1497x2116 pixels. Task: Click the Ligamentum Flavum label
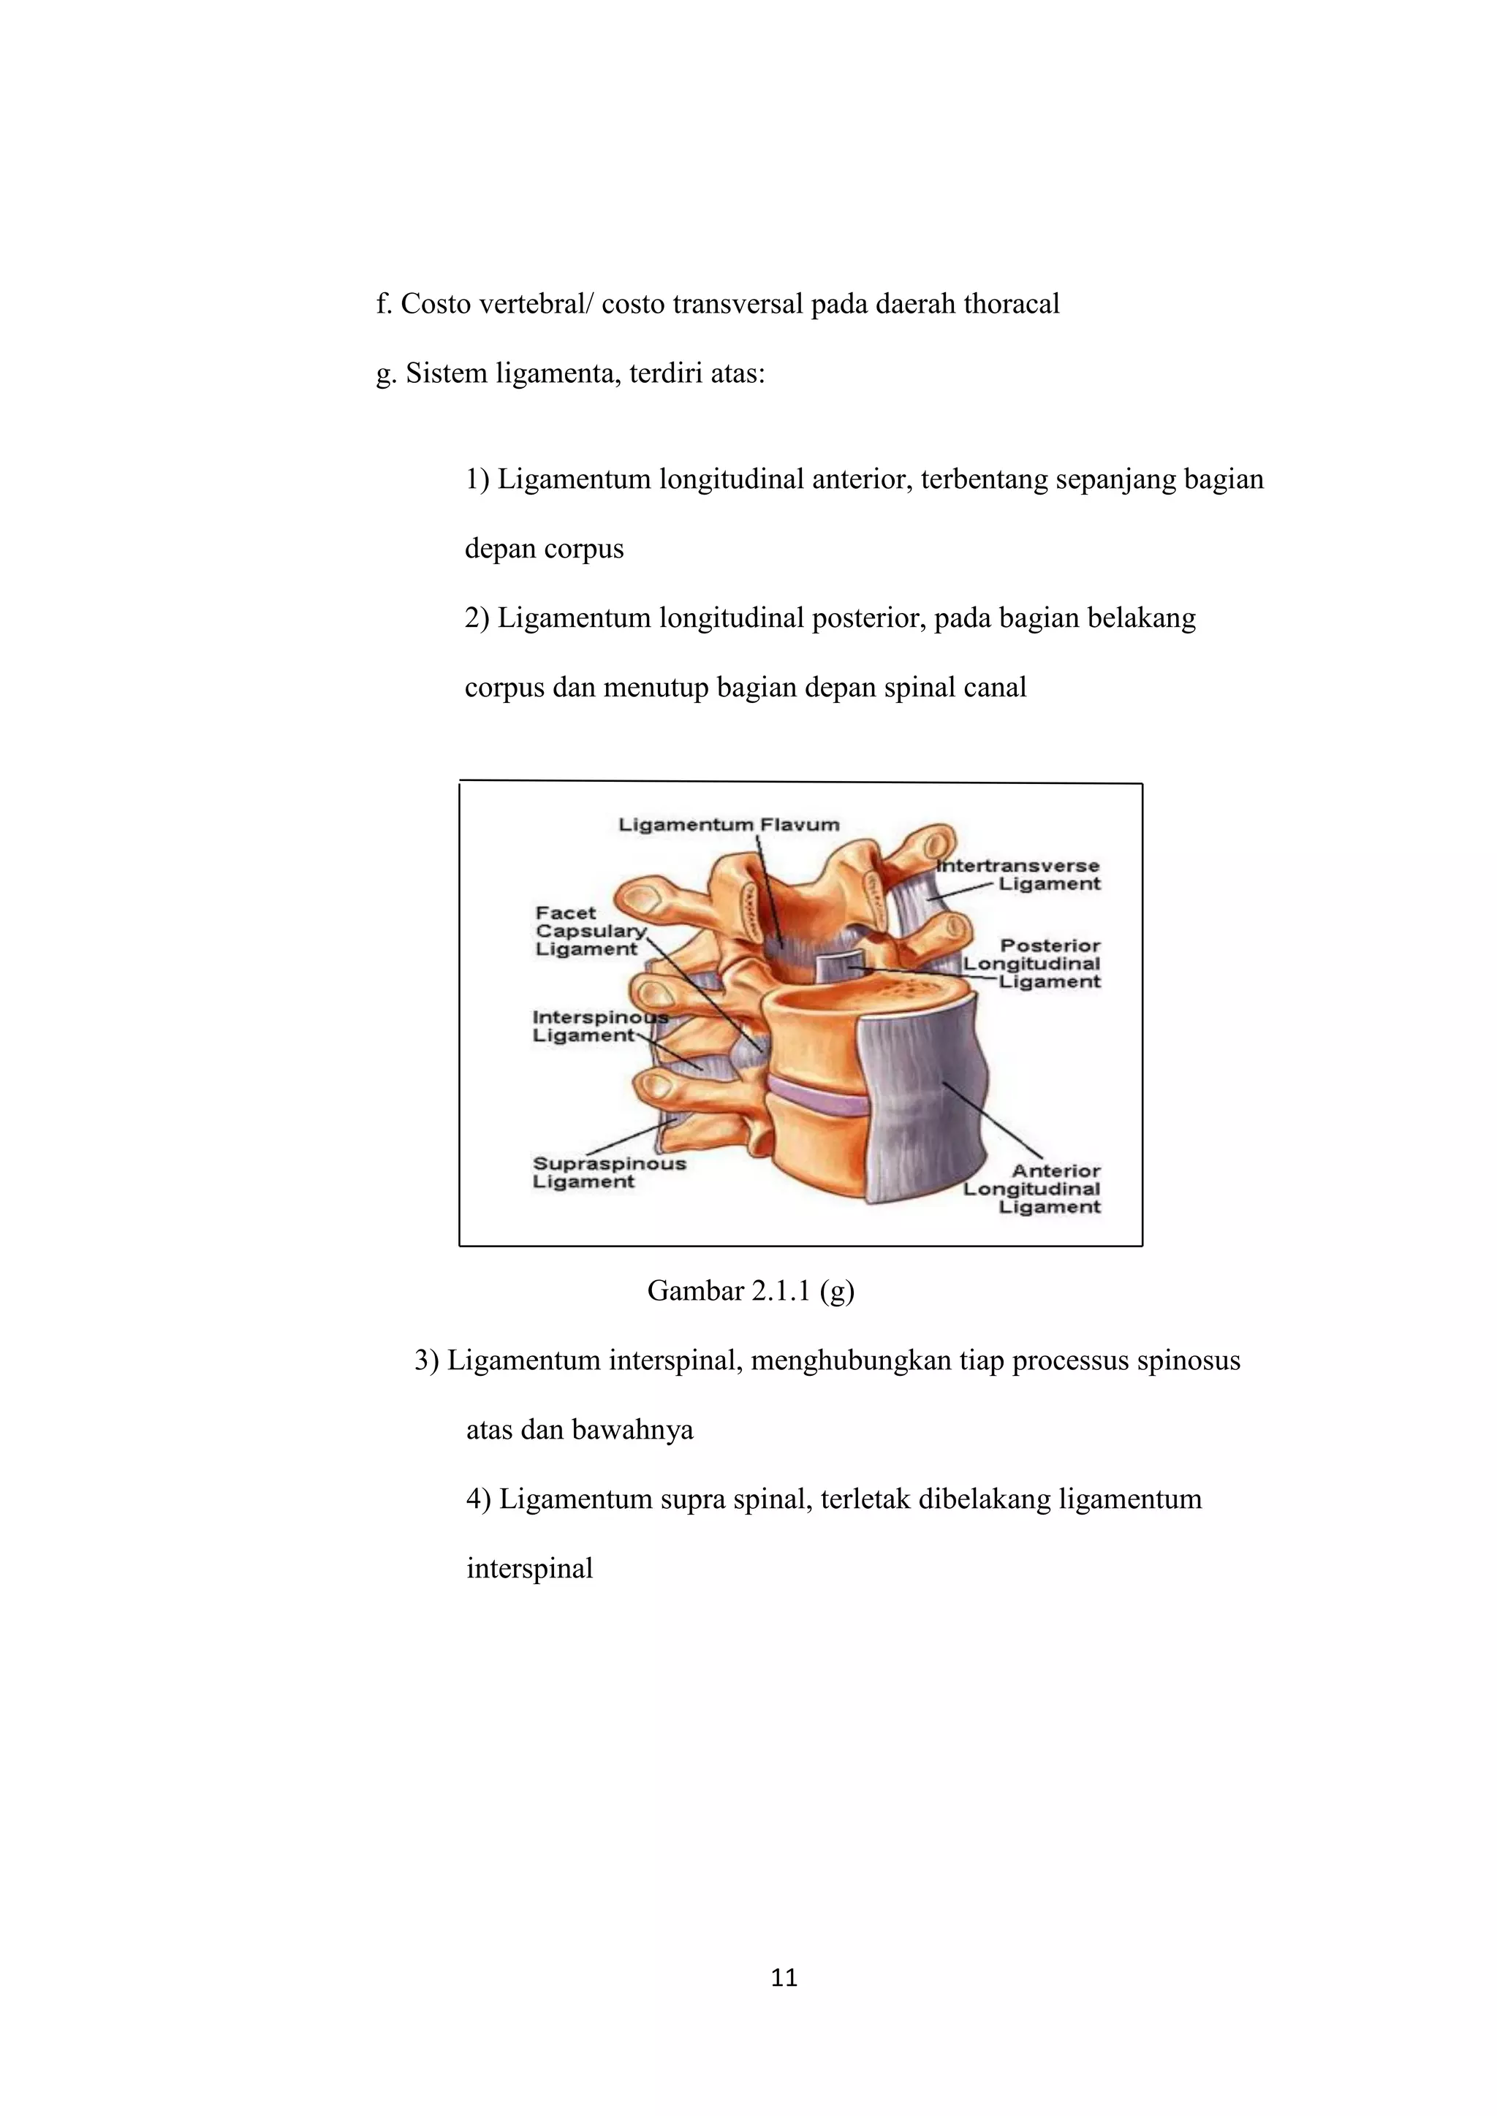pyautogui.click(x=728, y=825)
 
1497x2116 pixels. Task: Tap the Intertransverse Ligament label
pyautogui.click(x=1018, y=875)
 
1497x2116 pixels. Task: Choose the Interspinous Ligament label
pyautogui.click(x=599, y=1026)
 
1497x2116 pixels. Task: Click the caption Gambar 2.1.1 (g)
pyautogui.click(x=751, y=1291)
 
